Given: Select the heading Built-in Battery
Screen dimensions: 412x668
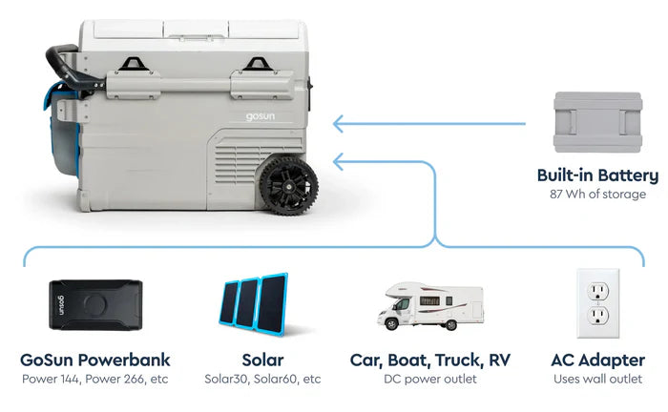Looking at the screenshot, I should tap(597, 175).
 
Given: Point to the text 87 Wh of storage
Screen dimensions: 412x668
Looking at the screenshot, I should tap(597, 195).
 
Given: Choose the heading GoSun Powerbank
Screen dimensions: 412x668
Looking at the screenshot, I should tap(94, 360).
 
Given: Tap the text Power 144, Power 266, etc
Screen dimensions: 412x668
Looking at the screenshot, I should tap(94, 380).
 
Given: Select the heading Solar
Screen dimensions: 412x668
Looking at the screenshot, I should tap(262, 360).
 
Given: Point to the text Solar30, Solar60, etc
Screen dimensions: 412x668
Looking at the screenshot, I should tap(262, 380).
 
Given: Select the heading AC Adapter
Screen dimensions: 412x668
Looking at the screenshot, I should tap(597, 360).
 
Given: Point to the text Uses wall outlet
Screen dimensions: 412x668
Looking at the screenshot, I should tap(597, 380).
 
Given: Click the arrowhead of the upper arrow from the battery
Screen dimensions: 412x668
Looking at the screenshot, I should tap(339, 123).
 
